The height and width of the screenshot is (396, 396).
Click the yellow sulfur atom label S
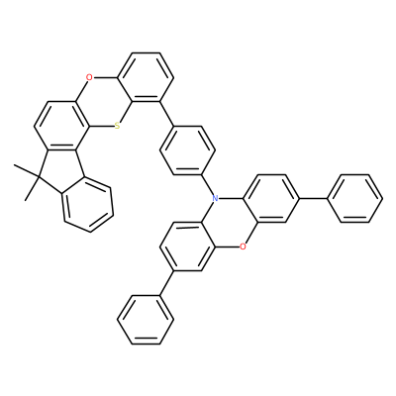[x=118, y=127]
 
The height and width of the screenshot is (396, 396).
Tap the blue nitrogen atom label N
[x=215, y=198]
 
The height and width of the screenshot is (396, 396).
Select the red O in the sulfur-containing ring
[x=88, y=78]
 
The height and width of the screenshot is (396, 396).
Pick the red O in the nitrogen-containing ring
[x=243, y=247]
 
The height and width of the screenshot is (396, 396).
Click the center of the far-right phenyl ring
[x=354, y=198]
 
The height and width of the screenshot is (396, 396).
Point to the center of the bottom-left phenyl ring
[x=146, y=320]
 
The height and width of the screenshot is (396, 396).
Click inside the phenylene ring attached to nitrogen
[x=187, y=150]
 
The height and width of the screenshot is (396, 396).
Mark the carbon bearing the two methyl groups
[x=39, y=179]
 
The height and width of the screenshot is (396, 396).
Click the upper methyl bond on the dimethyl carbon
[x=27, y=172]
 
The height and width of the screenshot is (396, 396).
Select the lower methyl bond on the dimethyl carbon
[x=32, y=190]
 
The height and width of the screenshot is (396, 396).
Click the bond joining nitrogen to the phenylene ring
[x=207, y=184]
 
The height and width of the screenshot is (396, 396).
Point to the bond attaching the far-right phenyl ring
[x=313, y=198]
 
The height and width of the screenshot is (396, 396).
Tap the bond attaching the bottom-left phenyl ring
[x=166, y=283]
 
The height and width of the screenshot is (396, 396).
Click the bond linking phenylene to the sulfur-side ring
[x=166, y=114]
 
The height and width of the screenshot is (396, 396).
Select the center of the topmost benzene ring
[x=146, y=77]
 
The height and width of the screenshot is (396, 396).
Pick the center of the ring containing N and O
[x=229, y=223]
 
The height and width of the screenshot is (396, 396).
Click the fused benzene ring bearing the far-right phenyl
[x=270, y=198]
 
